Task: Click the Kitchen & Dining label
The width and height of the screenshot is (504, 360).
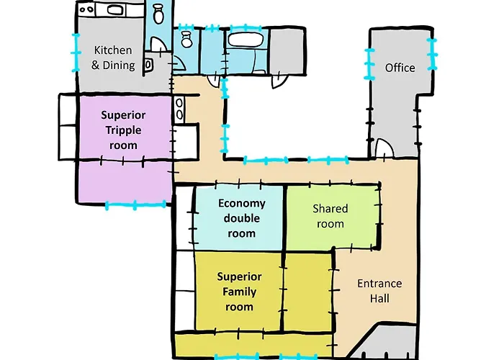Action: (113, 58)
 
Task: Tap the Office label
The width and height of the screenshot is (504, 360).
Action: (400, 68)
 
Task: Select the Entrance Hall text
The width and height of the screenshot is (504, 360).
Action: (379, 291)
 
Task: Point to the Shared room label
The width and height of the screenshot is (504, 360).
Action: (330, 216)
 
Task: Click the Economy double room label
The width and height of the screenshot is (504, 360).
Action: (242, 218)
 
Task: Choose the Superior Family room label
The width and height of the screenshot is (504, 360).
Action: (240, 292)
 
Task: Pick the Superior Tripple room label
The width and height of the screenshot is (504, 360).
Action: (123, 130)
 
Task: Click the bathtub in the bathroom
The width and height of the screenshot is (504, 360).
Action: (246, 40)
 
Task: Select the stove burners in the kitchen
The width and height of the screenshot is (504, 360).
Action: (86, 9)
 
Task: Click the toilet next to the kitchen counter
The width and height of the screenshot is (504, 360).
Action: (158, 14)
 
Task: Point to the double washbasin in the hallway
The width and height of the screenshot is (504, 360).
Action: (179, 109)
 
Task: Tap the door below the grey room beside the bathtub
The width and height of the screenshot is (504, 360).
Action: (279, 82)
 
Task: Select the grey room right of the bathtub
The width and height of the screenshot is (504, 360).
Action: (286, 51)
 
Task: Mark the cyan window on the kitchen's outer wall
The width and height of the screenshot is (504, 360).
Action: (76, 53)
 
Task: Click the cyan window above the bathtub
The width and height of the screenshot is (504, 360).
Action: (246, 27)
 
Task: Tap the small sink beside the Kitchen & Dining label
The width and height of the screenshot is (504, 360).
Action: (148, 65)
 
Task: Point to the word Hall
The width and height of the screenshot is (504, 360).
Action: (379, 298)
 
